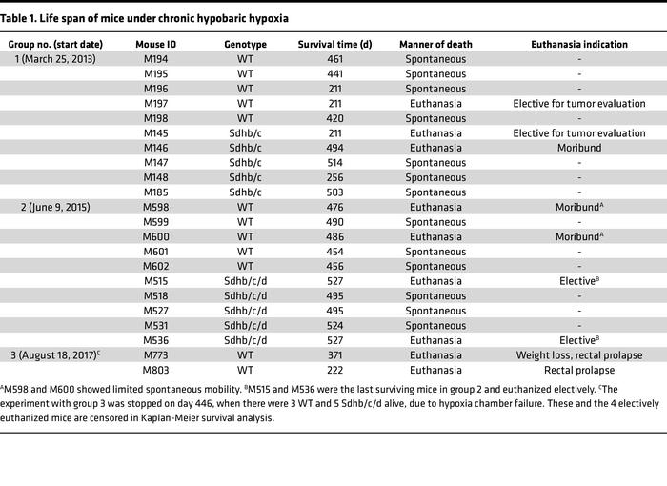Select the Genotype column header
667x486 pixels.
(x=245, y=44)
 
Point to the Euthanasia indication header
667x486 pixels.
(x=578, y=44)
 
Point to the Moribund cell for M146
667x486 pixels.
(x=578, y=148)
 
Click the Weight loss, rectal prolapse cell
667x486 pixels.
(x=578, y=354)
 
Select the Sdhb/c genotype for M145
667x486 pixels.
(x=245, y=132)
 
